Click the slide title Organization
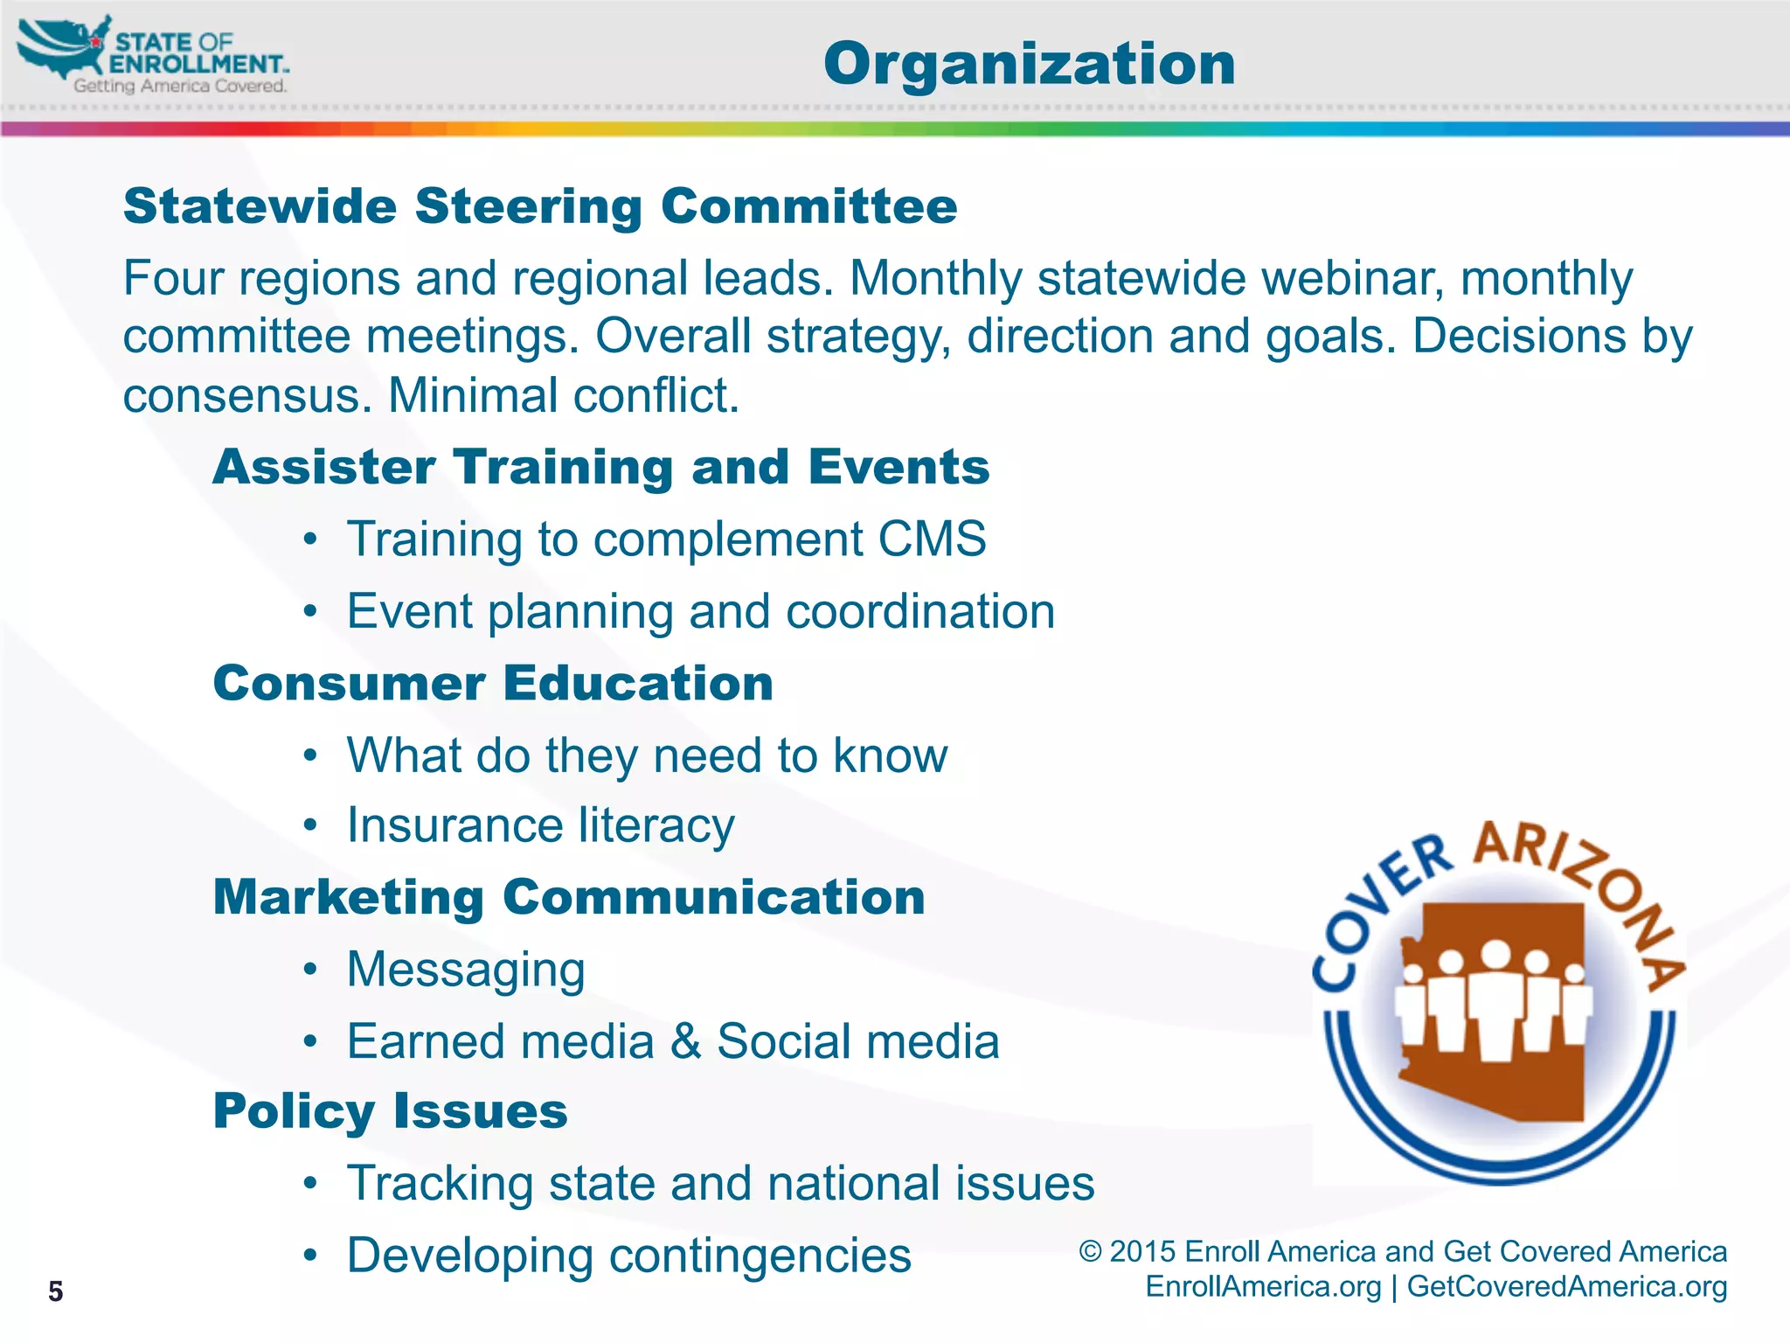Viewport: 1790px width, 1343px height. (1029, 64)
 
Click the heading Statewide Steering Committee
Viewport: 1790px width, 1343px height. (540, 206)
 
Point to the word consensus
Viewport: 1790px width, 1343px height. (241, 395)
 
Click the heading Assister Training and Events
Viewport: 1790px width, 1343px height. (601, 466)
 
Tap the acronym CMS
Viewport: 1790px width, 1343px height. (932, 539)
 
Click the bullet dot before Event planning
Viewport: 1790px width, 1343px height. (310, 611)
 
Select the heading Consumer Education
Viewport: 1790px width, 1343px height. (493, 683)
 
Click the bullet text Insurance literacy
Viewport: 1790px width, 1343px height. (540, 825)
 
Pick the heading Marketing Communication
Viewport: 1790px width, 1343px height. (569, 897)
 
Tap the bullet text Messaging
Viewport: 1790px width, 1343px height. (466, 969)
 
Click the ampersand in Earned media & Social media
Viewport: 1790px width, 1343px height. (686, 1041)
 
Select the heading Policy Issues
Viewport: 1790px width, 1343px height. (391, 1111)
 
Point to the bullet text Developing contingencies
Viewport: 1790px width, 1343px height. (628, 1256)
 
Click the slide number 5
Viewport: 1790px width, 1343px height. (56, 1291)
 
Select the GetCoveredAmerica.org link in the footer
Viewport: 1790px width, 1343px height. (1566, 1287)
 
